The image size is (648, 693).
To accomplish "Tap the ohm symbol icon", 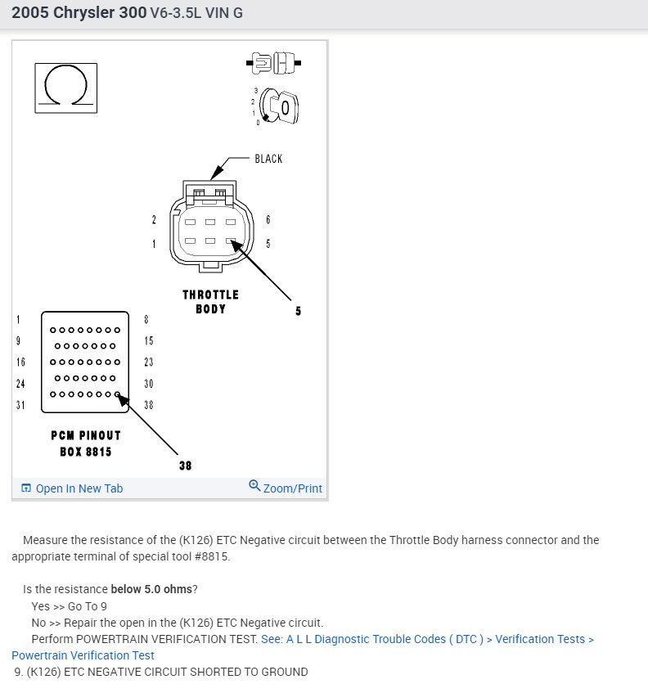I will [65, 88].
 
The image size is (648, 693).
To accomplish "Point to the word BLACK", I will [268, 159].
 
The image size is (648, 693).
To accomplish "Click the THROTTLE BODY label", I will [210, 301].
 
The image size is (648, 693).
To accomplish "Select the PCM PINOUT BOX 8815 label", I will [85, 443].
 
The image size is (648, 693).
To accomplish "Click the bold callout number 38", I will [185, 466].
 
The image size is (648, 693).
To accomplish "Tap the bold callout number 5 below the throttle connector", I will [298, 311].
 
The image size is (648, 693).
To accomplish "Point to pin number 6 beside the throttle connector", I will [268, 220].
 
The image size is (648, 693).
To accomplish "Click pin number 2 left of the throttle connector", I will [154, 220].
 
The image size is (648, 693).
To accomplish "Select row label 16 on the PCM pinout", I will [20, 362].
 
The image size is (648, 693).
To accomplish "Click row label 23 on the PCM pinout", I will [148, 362].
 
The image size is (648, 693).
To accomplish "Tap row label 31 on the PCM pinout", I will [20, 405].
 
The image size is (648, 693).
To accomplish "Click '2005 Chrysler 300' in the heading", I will [79, 13].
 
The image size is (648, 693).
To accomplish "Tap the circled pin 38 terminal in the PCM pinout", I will [118, 395].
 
